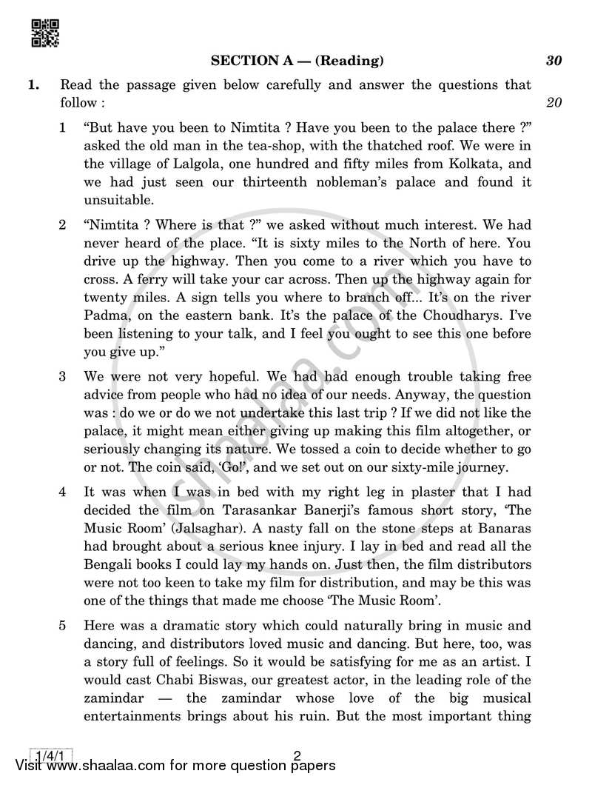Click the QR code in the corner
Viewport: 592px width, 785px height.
(45, 33)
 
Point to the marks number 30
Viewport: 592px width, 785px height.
(554, 61)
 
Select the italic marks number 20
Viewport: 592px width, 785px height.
(554, 102)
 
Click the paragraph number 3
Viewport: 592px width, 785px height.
(63, 377)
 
